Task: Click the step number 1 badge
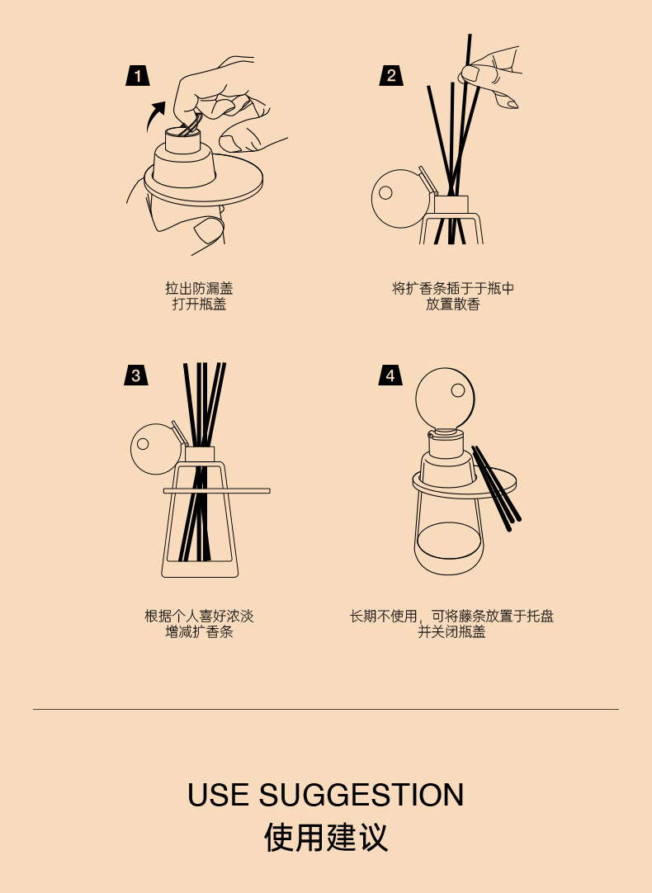(138, 76)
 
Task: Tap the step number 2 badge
(391, 76)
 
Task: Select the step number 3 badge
(136, 376)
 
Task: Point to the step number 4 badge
(390, 376)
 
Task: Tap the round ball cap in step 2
(399, 199)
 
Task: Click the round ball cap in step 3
(156, 449)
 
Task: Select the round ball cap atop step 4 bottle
(446, 397)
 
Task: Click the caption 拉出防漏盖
(199, 288)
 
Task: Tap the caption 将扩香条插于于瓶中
(453, 288)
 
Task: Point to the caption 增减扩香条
(199, 631)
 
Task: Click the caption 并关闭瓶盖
(451, 631)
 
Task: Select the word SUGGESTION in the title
(361, 795)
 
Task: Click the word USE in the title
(218, 795)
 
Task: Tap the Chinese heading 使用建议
(326, 837)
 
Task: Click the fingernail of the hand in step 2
(470, 73)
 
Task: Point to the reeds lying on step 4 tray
(497, 488)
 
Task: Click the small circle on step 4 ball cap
(458, 390)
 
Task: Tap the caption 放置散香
(453, 304)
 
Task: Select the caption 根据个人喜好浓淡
(199, 616)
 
